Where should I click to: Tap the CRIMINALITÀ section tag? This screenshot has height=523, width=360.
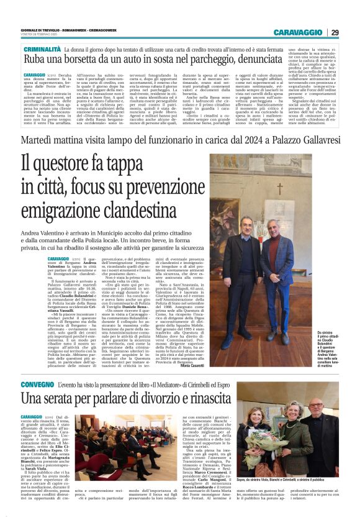pos(42,48)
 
